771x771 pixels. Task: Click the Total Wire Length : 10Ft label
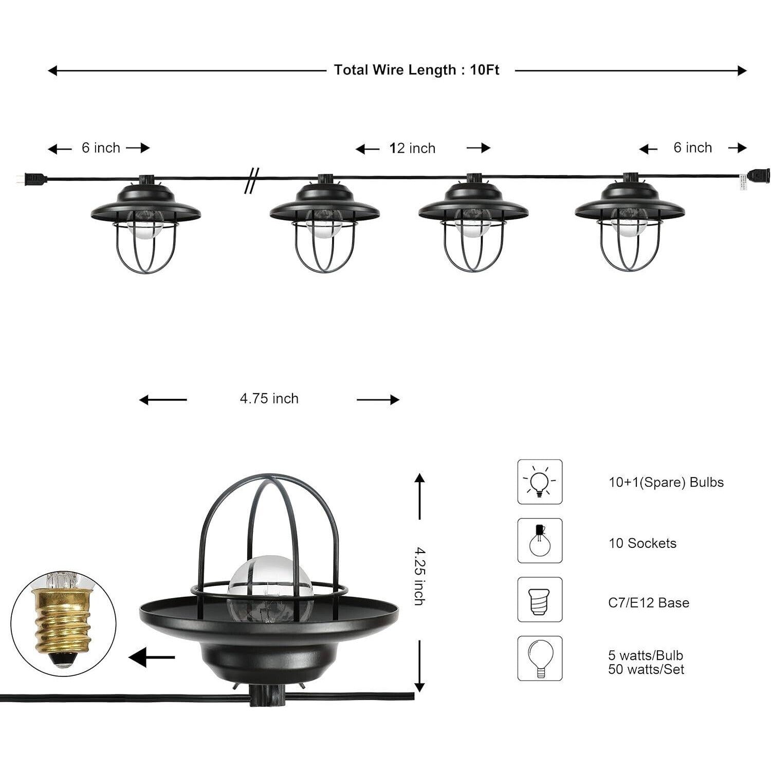[416, 70]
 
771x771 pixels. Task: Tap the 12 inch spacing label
[412, 149]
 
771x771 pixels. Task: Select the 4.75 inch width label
[269, 399]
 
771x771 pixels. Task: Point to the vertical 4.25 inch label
[419, 576]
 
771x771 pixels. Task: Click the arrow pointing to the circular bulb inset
[151, 657]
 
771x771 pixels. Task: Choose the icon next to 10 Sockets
[540, 541]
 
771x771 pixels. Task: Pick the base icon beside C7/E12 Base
[540, 600]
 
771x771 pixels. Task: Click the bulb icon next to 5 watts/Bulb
[540, 658]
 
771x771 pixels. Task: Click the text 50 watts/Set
[646, 669]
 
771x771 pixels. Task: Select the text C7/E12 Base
[648, 602]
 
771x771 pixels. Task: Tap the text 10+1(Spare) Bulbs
[666, 482]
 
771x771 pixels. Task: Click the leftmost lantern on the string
[145, 226]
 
